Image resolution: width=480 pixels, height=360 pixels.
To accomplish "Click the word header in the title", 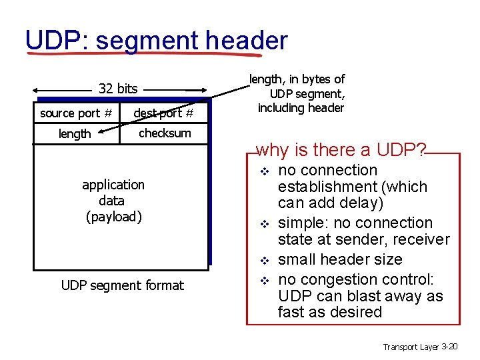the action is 247,40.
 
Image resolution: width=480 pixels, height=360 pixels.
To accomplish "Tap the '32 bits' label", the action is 118,88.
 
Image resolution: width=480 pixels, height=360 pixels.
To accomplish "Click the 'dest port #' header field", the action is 163,113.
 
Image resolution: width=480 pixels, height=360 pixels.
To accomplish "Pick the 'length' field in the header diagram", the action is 75,134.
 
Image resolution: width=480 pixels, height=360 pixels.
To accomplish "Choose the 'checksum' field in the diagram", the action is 165,133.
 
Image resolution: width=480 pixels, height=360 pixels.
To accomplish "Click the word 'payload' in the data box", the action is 114,217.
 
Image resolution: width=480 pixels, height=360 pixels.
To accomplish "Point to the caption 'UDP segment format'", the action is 122,285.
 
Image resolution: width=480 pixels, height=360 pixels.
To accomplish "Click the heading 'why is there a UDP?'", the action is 341,150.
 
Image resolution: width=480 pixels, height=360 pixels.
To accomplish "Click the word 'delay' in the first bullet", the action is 361,203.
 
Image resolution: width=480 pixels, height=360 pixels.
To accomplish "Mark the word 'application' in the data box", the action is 113,184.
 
